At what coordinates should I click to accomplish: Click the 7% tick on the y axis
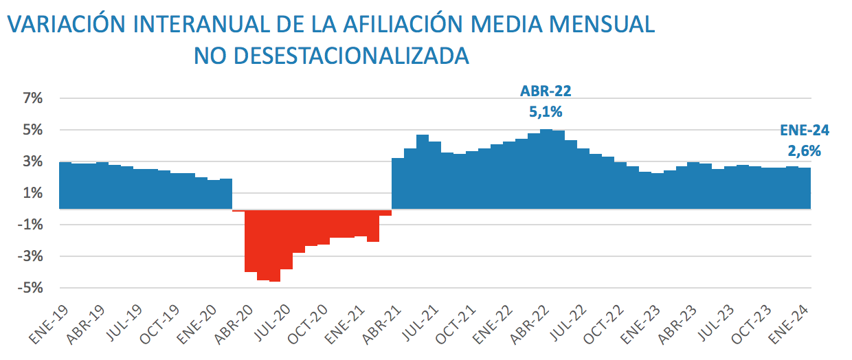click(x=32, y=99)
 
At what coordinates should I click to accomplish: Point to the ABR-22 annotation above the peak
click(x=546, y=91)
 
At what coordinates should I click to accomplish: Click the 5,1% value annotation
click(x=546, y=111)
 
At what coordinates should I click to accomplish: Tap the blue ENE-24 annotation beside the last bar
click(x=805, y=131)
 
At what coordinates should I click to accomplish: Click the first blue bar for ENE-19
click(x=65, y=185)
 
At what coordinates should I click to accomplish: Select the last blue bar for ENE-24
click(x=805, y=188)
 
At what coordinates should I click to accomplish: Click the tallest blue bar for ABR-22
click(x=546, y=169)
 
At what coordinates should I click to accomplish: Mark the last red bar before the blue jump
click(x=385, y=212)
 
